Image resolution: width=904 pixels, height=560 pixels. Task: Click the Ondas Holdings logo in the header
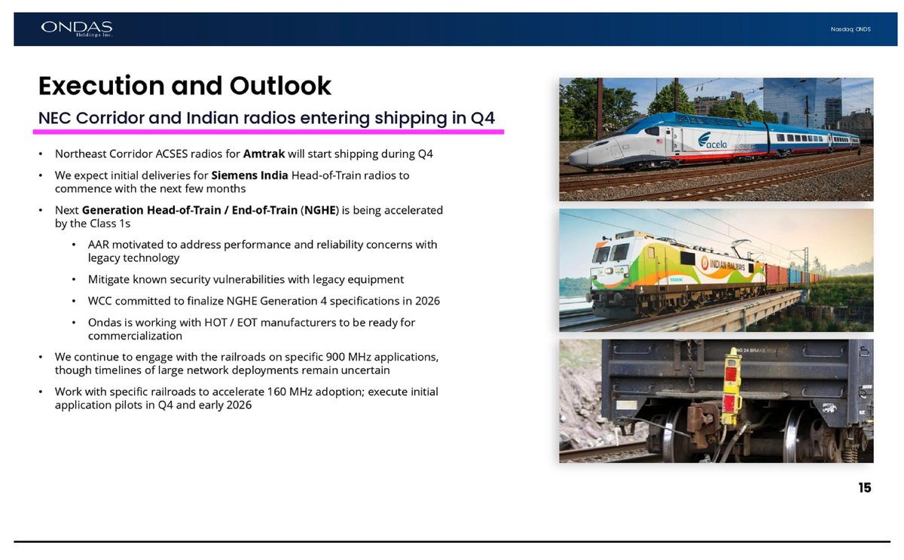[77, 29]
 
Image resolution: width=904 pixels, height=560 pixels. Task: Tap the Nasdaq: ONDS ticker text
[851, 29]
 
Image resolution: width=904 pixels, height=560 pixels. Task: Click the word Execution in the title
[102, 86]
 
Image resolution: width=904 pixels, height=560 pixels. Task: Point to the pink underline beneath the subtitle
[268, 132]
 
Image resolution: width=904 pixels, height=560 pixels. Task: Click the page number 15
[864, 488]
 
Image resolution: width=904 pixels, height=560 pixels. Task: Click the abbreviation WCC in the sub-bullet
[100, 301]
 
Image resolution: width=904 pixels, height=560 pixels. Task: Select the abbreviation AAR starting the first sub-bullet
[99, 245]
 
